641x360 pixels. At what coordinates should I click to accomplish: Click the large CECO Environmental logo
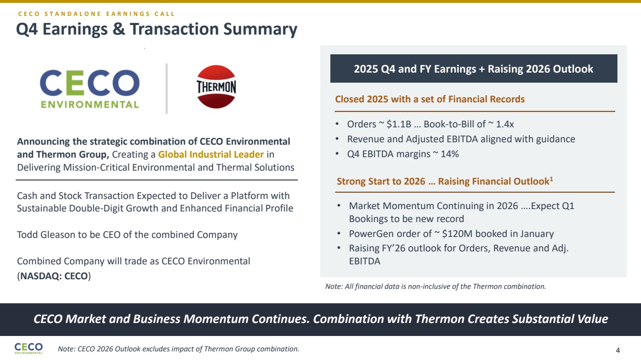pyautogui.click(x=89, y=89)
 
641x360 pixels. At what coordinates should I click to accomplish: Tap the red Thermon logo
pyautogui.click(x=216, y=87)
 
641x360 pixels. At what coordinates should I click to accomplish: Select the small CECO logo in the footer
pyautogui.click(x=29, y=348)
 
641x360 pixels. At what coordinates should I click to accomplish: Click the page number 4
pyautogui.click(x=618, y=350)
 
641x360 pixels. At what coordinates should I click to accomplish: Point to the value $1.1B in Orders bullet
pyautogui.click(x=399, y=124)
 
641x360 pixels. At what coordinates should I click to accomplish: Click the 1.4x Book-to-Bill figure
pyautogui.click(x=505, y=124)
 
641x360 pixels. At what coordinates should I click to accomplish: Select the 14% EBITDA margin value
pyautogui.click(x=450, y=154)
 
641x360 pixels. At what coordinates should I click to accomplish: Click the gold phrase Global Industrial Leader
pyautogui.click(x=211, y=154)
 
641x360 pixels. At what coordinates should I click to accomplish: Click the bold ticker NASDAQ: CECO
pyautogui.click(x=54, y=276)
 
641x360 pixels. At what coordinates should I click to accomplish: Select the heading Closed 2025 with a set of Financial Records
pyautogui.click(x=430, y=99)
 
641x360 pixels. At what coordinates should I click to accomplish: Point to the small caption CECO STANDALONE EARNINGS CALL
pyautogui.click(x=96, y=14)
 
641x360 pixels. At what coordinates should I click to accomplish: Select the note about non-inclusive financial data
pyautogui.click(x=436, y=286)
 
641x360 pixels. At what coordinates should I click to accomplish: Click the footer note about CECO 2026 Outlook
pyautogui.click(x=178, y=349)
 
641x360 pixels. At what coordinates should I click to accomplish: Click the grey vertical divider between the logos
pyautogui.click(x=166, y=88)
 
